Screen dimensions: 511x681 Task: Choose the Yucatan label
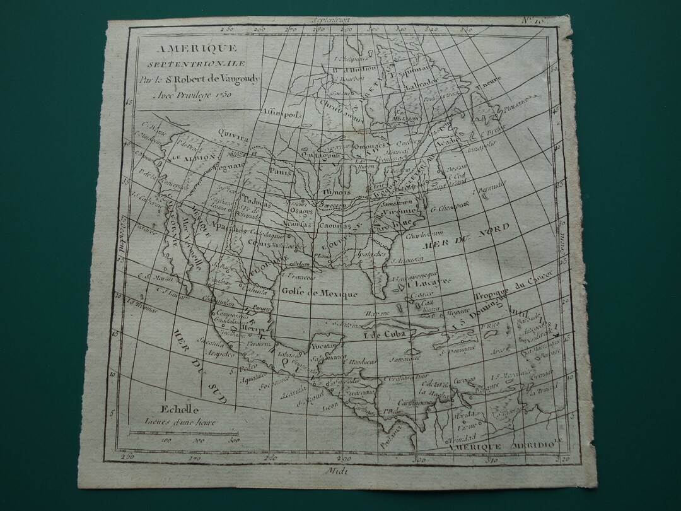pos(327,346)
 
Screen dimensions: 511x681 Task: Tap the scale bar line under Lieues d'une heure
pos(184,433)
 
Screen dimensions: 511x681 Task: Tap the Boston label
pos(456,168)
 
